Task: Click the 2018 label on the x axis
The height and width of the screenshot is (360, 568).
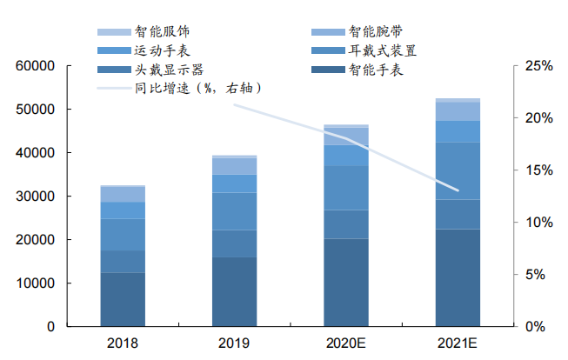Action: coord(123,343)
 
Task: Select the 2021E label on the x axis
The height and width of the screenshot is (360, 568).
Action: coord(458,343)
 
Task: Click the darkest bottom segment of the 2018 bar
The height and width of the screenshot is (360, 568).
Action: coord(123,300)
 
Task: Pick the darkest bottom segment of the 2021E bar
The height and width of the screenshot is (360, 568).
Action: coord(458,278)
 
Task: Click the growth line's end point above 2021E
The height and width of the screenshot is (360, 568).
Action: coord(458,190)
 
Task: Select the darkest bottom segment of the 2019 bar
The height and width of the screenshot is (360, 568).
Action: coord(234,292)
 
